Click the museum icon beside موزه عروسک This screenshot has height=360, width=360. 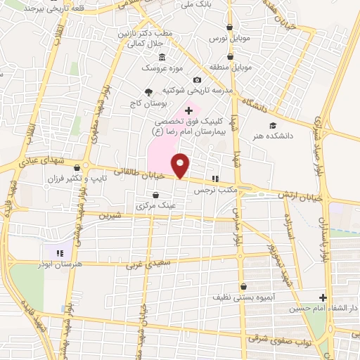162,58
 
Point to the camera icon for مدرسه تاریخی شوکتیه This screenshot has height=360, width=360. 196,79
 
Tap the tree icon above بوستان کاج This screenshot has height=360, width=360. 148,92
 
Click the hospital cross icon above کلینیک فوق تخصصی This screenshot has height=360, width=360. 188,110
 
